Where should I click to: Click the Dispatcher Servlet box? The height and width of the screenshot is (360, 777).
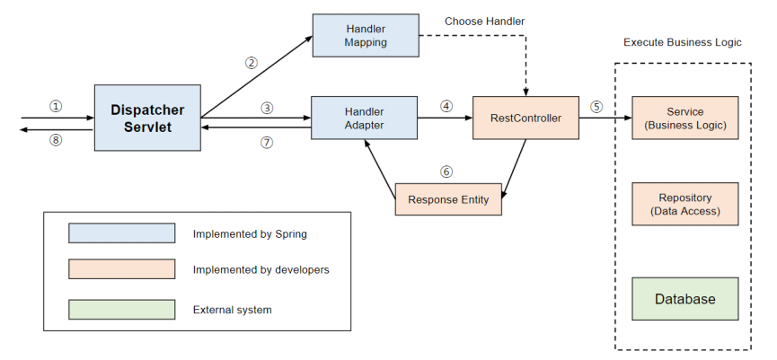click(x=147, y=118)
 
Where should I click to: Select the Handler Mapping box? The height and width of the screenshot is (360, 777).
click(x=366, y=36)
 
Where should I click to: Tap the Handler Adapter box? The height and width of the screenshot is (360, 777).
click(x=364, y=118)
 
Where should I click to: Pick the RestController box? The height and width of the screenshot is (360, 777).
click(x=525, y=118)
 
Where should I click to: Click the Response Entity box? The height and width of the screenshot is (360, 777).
click(x=448, y=199)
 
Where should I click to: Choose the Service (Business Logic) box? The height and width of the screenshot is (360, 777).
click(x=685, y=118)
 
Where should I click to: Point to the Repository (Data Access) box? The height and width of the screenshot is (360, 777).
click(x=685, y=204)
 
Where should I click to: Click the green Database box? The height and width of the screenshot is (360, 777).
click(x=685, y=299)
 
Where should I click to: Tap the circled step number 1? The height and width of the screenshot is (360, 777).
click(x=56, y=106)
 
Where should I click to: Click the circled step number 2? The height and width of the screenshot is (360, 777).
click(x=252, y=63)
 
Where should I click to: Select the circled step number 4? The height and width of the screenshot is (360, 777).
click(x=446, y=106)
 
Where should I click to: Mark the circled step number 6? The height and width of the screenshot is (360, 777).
click(x=446, y=171)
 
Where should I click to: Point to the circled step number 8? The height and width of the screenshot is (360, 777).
click(x=56, y=140)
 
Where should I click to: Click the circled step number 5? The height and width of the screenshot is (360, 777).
click(x=596, y=106)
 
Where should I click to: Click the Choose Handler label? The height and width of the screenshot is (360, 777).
click(x=485, y=22)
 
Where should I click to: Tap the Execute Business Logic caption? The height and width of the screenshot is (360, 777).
click(x=683, y=42)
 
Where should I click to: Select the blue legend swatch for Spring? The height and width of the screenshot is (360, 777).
click(x=122, y=233)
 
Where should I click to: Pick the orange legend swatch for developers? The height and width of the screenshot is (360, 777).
click(x=122, y=269)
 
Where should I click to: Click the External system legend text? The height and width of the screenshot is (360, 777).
click(x=233, y=310)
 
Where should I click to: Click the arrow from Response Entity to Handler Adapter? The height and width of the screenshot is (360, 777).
click(x=380, y=170)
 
